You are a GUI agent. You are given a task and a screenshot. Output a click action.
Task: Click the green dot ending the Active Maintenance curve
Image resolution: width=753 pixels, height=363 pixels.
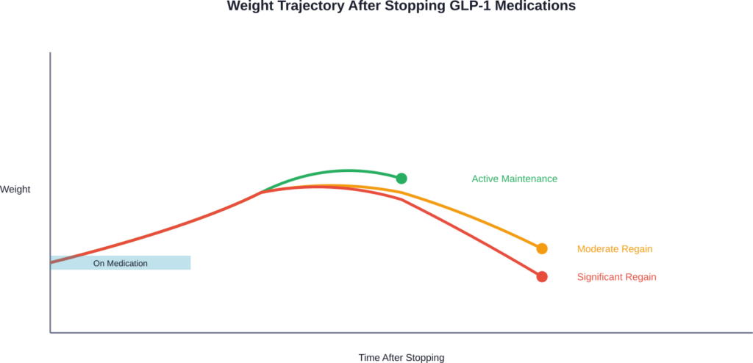point(402,179)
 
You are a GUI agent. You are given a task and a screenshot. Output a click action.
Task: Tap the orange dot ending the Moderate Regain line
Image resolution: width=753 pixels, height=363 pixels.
point(542,249)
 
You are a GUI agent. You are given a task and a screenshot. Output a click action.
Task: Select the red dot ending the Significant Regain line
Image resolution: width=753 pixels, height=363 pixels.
point(542,277)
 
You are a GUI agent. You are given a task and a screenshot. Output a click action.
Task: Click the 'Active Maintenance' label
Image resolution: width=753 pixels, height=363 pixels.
point(514,179)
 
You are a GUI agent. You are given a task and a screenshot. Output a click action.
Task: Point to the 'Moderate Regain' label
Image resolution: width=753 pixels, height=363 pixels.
point(615,249)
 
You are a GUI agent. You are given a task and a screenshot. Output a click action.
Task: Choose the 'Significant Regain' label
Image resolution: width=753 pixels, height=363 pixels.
point(616,277)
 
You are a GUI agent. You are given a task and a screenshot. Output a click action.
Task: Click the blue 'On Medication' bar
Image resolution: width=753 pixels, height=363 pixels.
point(121,263)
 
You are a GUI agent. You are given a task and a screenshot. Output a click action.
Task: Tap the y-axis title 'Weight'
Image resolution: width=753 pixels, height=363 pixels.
point(15,190)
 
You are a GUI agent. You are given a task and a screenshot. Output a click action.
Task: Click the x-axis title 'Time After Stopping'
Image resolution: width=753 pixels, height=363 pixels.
point(402,358)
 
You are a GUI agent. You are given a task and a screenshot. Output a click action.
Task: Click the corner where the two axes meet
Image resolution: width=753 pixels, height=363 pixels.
point(50,333)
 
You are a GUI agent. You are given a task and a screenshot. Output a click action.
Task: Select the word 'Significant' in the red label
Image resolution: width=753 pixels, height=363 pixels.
point(600,277)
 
